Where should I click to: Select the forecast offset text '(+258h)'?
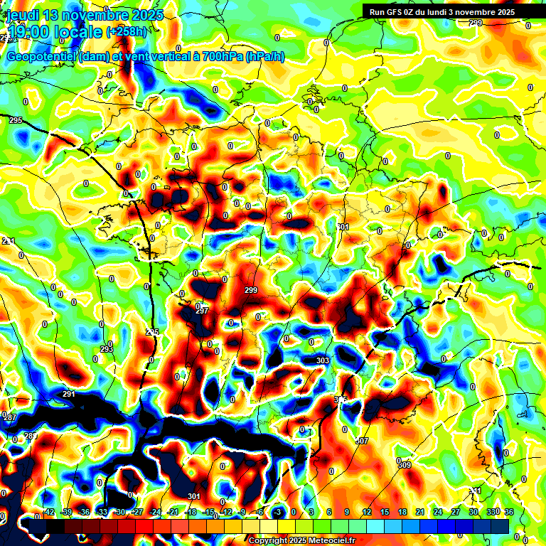pos(127,32)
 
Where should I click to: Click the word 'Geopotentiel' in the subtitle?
pos(42,56)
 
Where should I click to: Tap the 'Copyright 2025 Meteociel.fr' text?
pos(301,540)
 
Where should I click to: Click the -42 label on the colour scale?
pos(49,512)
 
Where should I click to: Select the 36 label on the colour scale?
pos(509,512)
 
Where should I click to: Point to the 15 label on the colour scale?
pos(385,512)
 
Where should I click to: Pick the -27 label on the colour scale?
pos(137,512)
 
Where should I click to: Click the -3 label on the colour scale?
pos(278,512)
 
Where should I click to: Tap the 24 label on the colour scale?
pos(438,512)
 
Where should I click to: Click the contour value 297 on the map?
pos(202,311)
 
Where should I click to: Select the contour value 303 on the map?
pos(322,361)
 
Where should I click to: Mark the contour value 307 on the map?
pos(362,441)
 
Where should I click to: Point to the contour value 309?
pos(404,465)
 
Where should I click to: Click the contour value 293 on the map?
pos(107,349)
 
